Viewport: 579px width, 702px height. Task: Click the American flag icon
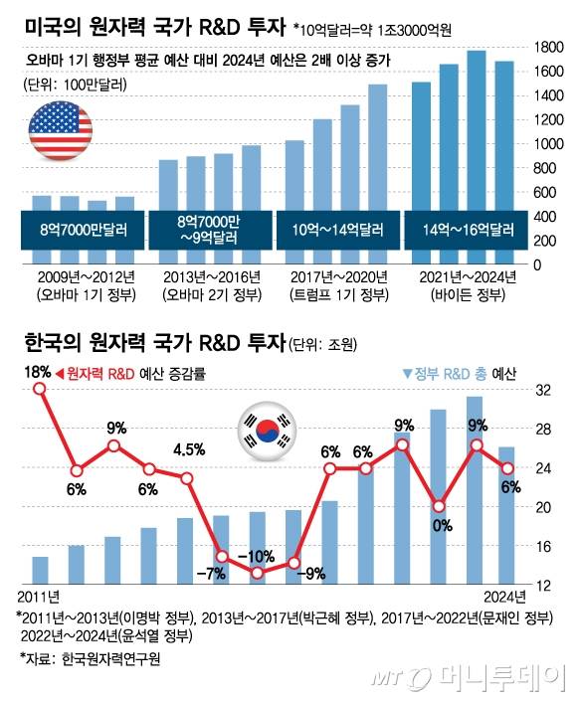59,129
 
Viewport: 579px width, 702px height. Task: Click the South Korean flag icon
265,430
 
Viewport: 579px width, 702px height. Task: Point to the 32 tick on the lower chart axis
544,391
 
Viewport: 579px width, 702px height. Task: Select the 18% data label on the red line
39,371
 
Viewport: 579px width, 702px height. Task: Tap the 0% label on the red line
437,525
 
